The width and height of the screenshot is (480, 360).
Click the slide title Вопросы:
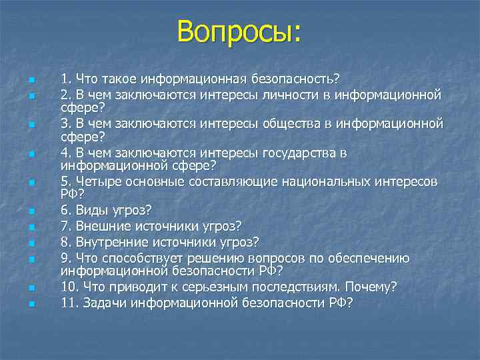point(239,31)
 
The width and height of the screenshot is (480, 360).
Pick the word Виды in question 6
point(90,211)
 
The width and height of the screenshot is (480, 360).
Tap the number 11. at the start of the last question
point(70,303)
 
